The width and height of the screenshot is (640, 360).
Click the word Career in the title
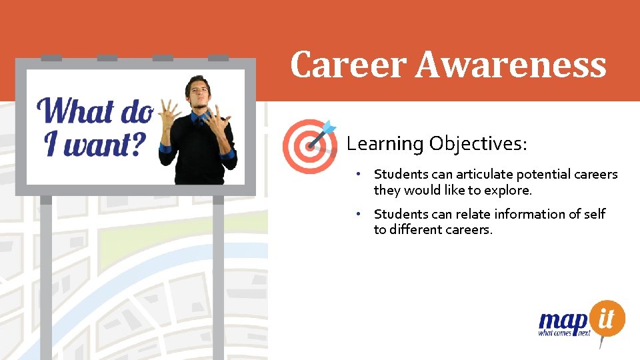pyautogui.click(x=348, y=65)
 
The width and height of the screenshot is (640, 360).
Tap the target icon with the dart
pyautogui.click(x=308, y=145)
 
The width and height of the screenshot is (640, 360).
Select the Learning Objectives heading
pyautogui.click(x=437, y=143)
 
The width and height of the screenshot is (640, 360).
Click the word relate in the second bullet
pyautogui.click(x=474, y=214)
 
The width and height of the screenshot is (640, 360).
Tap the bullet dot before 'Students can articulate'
pyautogui.click(x=358, y=174)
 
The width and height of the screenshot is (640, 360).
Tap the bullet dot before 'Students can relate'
pyautogui.click(x=358, y=214)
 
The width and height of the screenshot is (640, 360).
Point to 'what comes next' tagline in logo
pyautogui.click(x=564, y=333)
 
